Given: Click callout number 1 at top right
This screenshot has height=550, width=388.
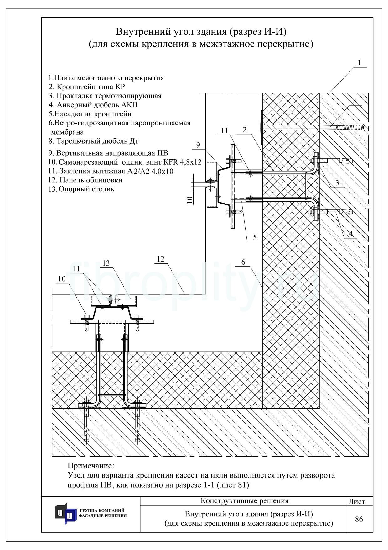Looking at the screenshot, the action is (359, 63).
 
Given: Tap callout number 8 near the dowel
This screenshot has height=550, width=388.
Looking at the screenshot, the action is (354, 101).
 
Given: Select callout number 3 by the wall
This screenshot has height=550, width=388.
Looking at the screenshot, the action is (337, 183).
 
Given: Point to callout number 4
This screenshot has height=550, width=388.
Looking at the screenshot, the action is (350, 234).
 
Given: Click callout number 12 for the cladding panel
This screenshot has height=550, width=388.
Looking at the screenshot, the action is (161, 259).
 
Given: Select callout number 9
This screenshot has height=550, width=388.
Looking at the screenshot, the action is (198, 145).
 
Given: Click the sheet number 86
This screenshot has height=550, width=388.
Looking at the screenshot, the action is (359, 519).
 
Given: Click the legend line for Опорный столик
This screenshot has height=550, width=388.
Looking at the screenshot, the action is (81, 189).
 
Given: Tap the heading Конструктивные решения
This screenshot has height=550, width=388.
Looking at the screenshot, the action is (244, 501).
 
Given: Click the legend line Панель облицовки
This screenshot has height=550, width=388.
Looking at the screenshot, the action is (85, 180).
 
